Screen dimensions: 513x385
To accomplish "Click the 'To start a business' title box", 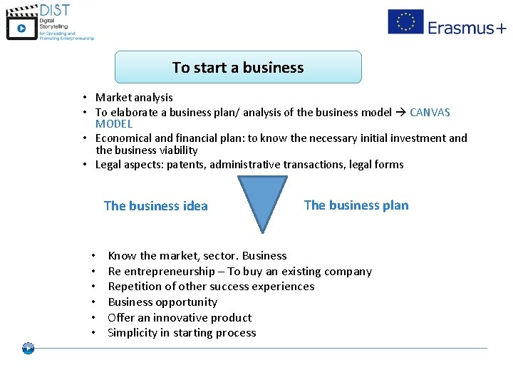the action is tap(238, 68).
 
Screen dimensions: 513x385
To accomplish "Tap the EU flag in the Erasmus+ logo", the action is tap(405, 22).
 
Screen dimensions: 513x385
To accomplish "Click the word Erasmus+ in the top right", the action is tap(467, 27).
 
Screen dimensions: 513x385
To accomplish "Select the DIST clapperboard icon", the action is tap(21, 26).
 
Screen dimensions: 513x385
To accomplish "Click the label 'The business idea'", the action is tap(155, 206).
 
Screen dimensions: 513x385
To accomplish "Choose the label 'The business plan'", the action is tap(356, 205).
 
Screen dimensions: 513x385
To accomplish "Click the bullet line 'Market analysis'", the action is tap(134, 98).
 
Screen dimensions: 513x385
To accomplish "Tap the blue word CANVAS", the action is tap(430, 112).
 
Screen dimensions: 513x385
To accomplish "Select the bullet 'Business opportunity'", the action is tap(162, 302).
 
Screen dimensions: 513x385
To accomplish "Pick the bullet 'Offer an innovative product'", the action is tap(180, 318).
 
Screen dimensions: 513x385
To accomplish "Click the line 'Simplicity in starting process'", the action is tap(182, 333).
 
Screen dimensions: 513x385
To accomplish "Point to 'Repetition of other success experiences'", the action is tap(211, 287).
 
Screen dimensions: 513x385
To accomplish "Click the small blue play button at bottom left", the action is tap(28, 349).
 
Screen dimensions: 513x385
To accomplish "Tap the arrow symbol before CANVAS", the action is tap(400, 112).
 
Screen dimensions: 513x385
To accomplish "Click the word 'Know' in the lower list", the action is tap(122, 256).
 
